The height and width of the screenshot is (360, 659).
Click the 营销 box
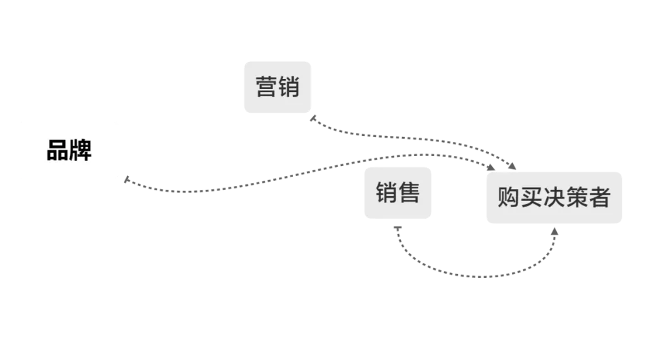point(277,87)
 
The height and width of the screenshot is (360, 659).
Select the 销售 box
point(398,193)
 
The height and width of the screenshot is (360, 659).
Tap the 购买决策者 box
point(554,198)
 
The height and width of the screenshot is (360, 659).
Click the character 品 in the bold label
point(58,150)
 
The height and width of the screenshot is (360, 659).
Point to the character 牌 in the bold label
point(81,150)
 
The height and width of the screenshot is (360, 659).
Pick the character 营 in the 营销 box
point(266,87)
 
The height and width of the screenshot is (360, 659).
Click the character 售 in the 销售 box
point(409,193)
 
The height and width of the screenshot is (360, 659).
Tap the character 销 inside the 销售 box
point(387,193)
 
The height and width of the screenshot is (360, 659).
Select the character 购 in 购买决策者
point(509,198)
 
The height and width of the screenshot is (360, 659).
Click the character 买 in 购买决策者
point(531,198)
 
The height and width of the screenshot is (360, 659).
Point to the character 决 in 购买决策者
point(554,198)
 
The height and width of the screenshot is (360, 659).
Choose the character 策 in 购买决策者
point(576,198)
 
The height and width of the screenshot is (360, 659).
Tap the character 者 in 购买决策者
point(599,198)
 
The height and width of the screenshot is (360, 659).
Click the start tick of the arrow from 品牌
point(127,180)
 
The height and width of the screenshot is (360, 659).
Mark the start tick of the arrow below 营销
point(313,118)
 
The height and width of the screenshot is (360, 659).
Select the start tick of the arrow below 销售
point(397,227)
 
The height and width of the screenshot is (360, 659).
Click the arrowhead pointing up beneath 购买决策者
point(554,231)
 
